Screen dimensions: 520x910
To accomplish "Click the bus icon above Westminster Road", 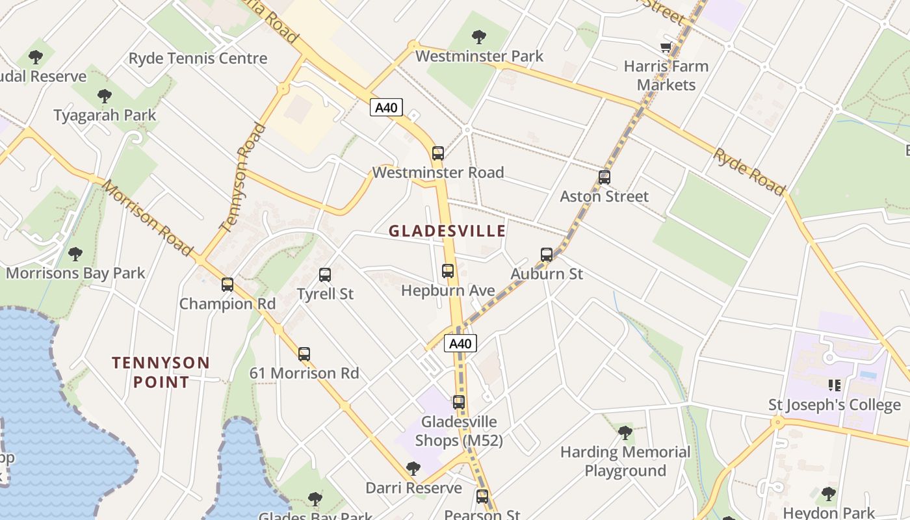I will point(438,153).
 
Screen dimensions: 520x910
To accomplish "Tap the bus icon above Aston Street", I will point(604,177).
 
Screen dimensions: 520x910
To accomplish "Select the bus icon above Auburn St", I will point(547,255).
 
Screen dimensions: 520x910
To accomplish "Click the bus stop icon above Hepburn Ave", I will point(448,271).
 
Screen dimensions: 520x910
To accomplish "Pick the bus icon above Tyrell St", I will point(325,275).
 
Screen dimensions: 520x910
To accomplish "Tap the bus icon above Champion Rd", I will point(227,285).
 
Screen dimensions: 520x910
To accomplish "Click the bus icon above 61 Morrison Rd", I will point(304,354).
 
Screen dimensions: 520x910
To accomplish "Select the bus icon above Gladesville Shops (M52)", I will point(459,402).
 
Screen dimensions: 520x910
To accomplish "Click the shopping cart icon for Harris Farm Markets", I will point(666,47).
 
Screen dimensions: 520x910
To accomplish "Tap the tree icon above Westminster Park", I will point(479,37).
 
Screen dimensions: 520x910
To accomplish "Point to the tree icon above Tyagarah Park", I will point(105,97).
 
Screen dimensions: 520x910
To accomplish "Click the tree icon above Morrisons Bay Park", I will point(75,253).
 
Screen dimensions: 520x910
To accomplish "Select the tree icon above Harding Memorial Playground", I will point(625,432).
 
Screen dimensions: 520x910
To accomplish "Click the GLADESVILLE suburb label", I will point(447,231).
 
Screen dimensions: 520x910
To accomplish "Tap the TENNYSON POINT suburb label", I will point(161,372).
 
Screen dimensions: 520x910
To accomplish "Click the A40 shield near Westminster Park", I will point(386,107).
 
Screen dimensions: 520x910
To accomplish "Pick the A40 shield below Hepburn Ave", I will point(460,343).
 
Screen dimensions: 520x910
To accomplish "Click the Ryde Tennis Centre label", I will point(198,58).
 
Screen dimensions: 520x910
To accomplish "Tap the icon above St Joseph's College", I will point(835,385).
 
